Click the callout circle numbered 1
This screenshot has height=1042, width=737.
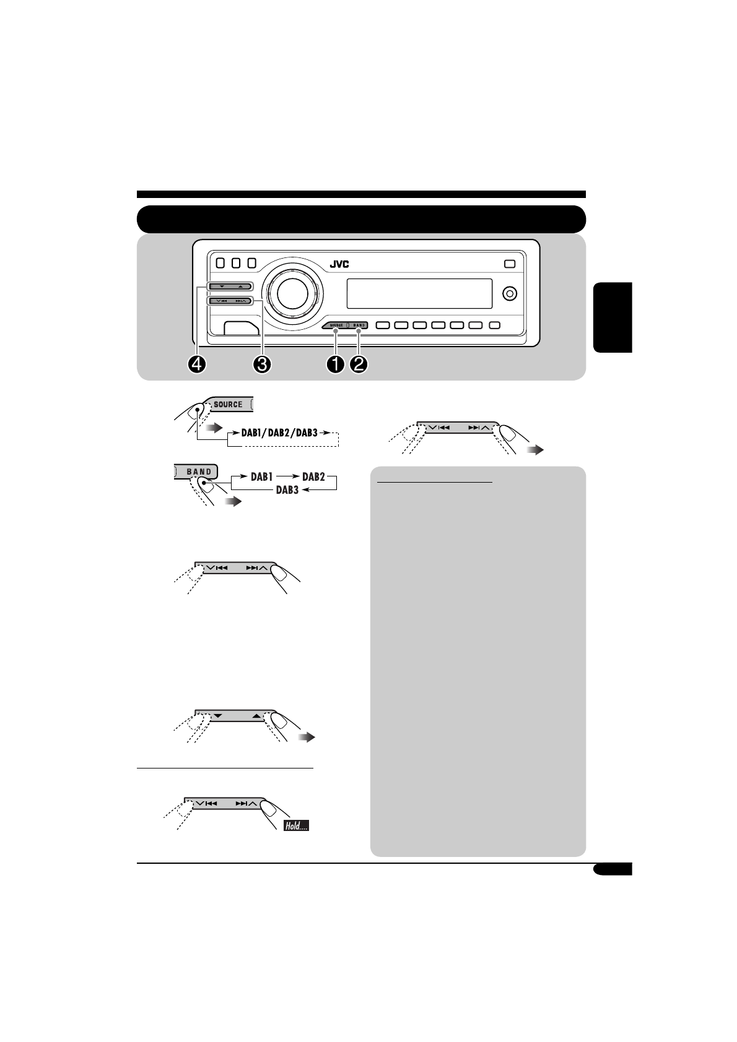point(336,364)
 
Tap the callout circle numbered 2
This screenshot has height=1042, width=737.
point(359,364)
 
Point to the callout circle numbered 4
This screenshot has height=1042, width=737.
point(196,364)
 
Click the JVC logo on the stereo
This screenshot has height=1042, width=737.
point(339,264)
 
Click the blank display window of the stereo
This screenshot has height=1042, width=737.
point(419,293)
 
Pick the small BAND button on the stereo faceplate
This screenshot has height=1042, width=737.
point(359,325)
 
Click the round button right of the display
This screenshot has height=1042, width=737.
point(510,293)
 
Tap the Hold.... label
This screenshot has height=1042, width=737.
point(296,825)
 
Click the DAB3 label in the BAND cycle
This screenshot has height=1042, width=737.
point(287,490)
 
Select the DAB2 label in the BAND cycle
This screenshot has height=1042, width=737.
point(313,477)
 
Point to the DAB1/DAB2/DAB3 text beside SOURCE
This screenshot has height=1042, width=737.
point(280,433)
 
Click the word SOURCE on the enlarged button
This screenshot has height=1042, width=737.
point(228,405)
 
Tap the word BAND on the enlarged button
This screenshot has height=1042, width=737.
point(199,471)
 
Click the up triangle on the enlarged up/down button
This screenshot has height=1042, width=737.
point(256,715)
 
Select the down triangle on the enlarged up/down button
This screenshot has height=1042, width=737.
point(217,715)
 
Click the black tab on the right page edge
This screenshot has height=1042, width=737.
point(613,317)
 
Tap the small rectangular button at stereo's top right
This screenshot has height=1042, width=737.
point(509,264)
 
